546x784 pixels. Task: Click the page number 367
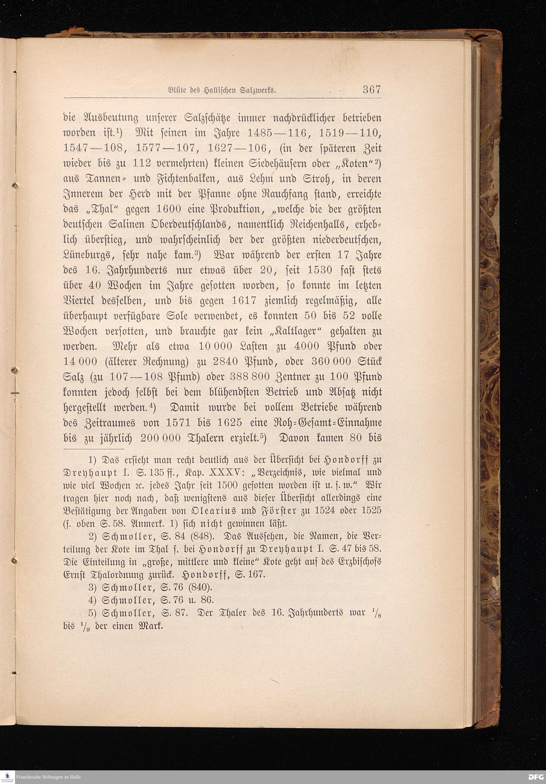[x=371, y=90]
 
